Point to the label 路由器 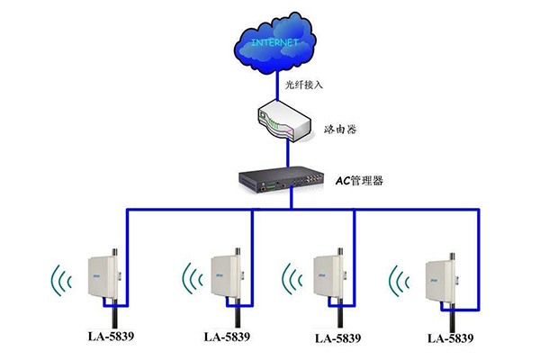point(338,130)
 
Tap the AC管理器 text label point(360,181)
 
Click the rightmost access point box point(443,280)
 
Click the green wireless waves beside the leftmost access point point(61,279)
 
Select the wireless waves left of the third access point point(293,278)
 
